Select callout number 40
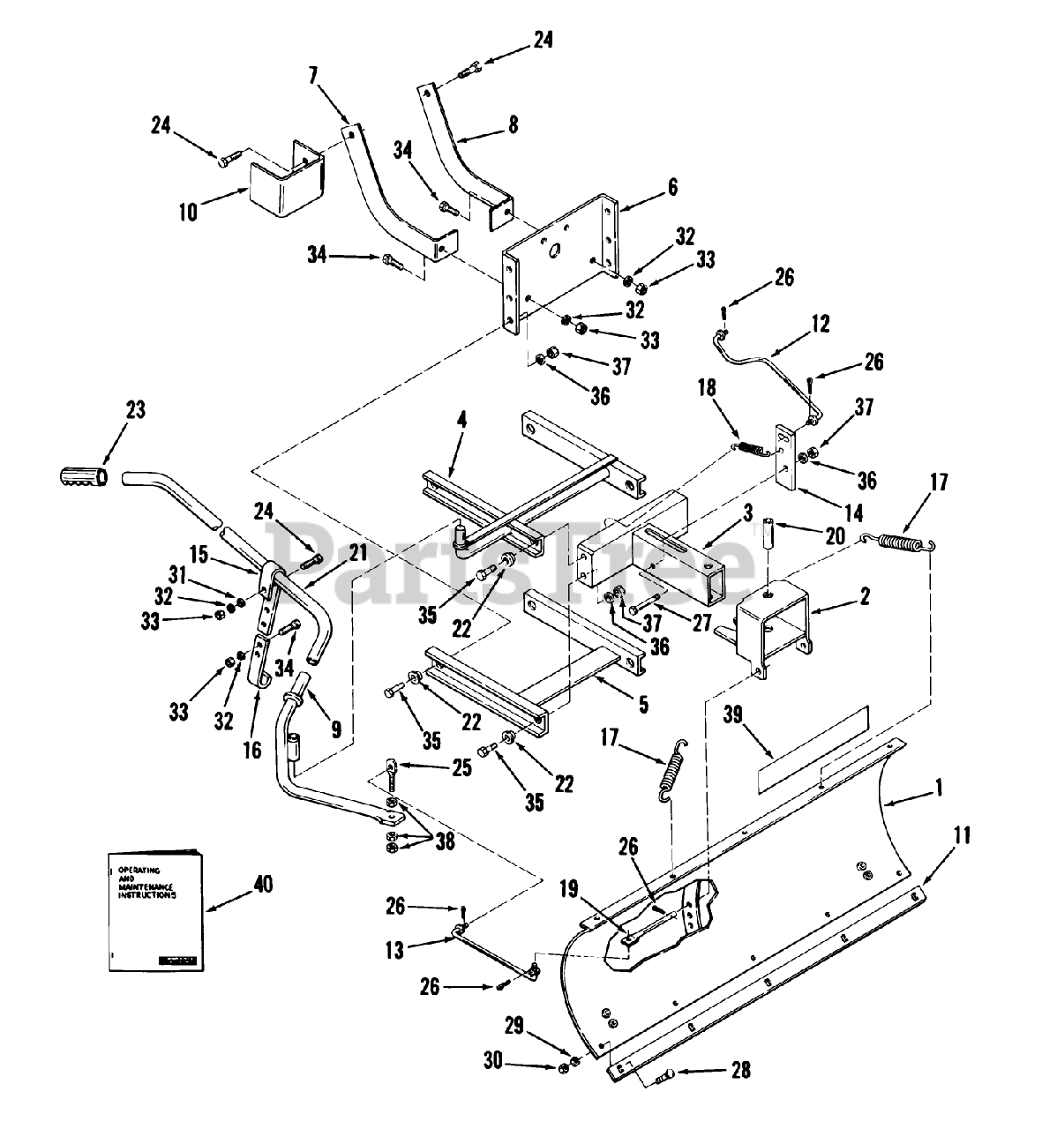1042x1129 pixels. tap(238, 883)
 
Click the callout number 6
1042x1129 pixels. tap(673, 186)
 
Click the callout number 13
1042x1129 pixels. tap(394, 950)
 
